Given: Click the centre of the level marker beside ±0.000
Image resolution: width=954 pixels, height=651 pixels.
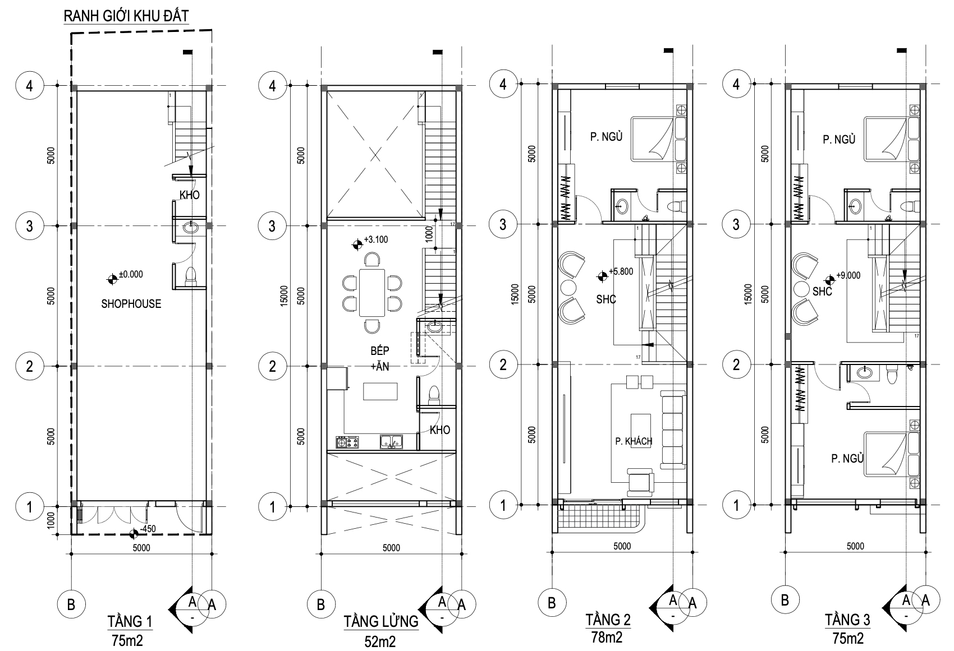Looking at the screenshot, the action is pos(112,280).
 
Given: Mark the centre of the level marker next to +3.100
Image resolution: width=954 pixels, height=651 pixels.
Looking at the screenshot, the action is pos(357,244).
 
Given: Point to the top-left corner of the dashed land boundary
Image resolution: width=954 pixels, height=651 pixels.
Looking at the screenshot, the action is pos(71,34).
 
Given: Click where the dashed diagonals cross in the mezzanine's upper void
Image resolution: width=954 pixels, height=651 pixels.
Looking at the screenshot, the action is pos(375,155).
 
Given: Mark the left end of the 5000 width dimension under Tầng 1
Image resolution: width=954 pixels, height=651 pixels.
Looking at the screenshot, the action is pos(71,553).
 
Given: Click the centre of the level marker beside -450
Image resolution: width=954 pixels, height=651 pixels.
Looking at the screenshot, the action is pos(134,533).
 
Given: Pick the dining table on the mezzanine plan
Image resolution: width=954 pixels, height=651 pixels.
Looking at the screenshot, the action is pos(372,293).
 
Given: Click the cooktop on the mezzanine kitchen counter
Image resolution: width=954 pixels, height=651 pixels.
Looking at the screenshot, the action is pos(347,442).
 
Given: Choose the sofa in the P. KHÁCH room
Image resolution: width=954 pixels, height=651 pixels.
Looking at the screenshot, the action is pos(672,431).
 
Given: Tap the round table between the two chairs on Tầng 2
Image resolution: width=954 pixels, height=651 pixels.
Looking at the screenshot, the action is pos(568,288).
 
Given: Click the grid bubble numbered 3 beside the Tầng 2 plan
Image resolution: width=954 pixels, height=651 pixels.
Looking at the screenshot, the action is pos(503,224).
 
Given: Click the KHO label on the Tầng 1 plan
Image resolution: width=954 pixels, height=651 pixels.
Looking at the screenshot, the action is pos(190,195).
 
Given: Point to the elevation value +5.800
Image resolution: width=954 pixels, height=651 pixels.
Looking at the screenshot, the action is pos(621,271).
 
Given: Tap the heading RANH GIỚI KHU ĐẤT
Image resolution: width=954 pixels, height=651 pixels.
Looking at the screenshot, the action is pos(126,16).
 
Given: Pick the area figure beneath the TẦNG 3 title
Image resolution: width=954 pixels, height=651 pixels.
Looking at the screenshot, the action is pos(848,638).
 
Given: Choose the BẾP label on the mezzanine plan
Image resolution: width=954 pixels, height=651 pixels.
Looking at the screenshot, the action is pos(379,350).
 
